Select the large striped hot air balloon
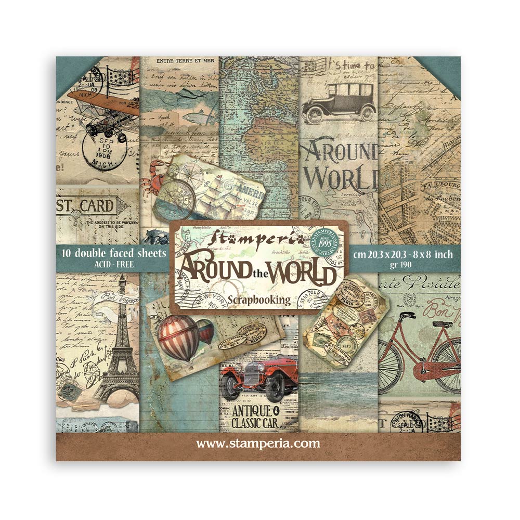click(x=178, y=338)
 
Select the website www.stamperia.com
click(x=258, y=444)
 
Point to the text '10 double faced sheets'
click(x=113, y=253)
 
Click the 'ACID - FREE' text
click(x=113, y=265)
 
